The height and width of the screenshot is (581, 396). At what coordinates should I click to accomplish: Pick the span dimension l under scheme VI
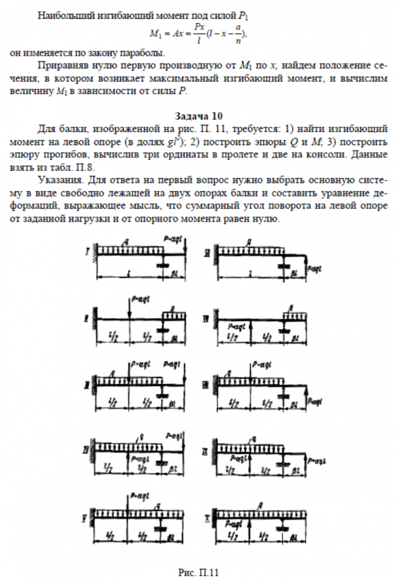point(250,272)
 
